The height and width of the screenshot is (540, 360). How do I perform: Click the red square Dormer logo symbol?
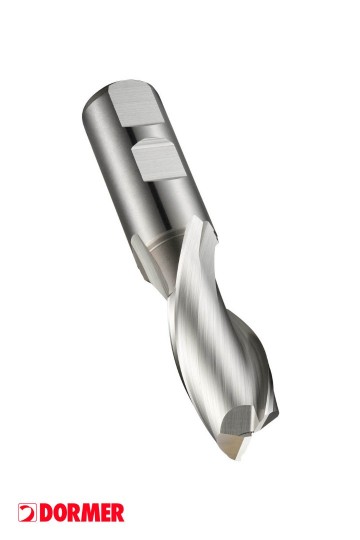point(27,513)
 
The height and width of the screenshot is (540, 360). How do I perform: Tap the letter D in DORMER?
point(46,513)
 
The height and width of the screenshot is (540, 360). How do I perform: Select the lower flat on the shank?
point(159,159)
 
